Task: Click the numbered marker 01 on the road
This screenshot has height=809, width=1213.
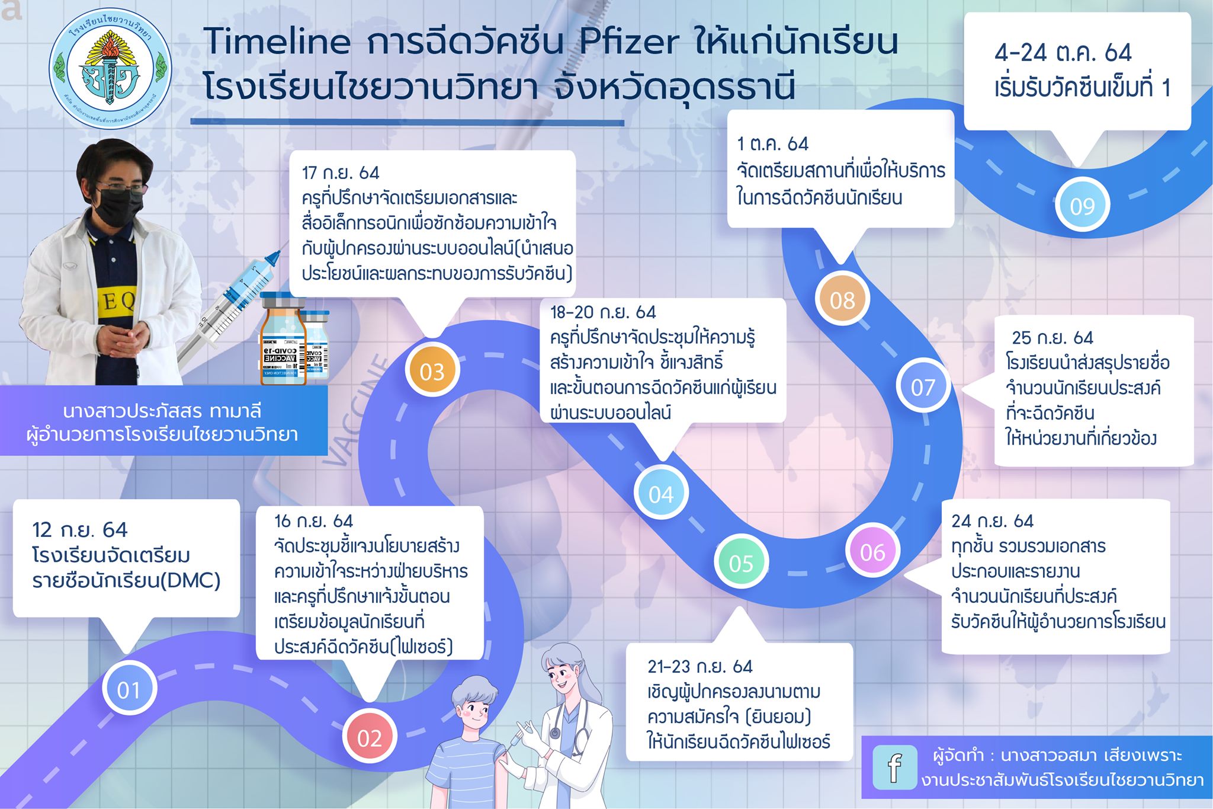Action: (x=129, y=689)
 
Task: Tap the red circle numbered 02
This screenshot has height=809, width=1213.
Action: (x=370, y=737)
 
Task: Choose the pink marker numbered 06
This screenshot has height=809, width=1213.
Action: (x=872, y=552)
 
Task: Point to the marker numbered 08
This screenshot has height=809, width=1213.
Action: (x=842, y=300)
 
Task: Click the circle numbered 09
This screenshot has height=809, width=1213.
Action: (x=1082, y=205)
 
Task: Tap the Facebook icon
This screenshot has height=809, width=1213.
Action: (x=895, y=768)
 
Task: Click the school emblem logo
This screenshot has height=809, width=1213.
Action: (x=110, y=69)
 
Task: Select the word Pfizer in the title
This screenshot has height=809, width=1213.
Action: (x=629, y=41)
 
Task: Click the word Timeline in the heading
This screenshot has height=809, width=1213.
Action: (x=278, y=41)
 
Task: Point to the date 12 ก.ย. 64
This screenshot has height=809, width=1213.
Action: (x=80, y=529)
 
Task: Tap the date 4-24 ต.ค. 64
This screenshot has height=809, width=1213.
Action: (x=1063, y=53)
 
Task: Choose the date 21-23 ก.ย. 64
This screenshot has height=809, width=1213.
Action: (x=700, y=667)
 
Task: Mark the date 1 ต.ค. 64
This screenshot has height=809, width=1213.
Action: (x=772, y=144)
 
